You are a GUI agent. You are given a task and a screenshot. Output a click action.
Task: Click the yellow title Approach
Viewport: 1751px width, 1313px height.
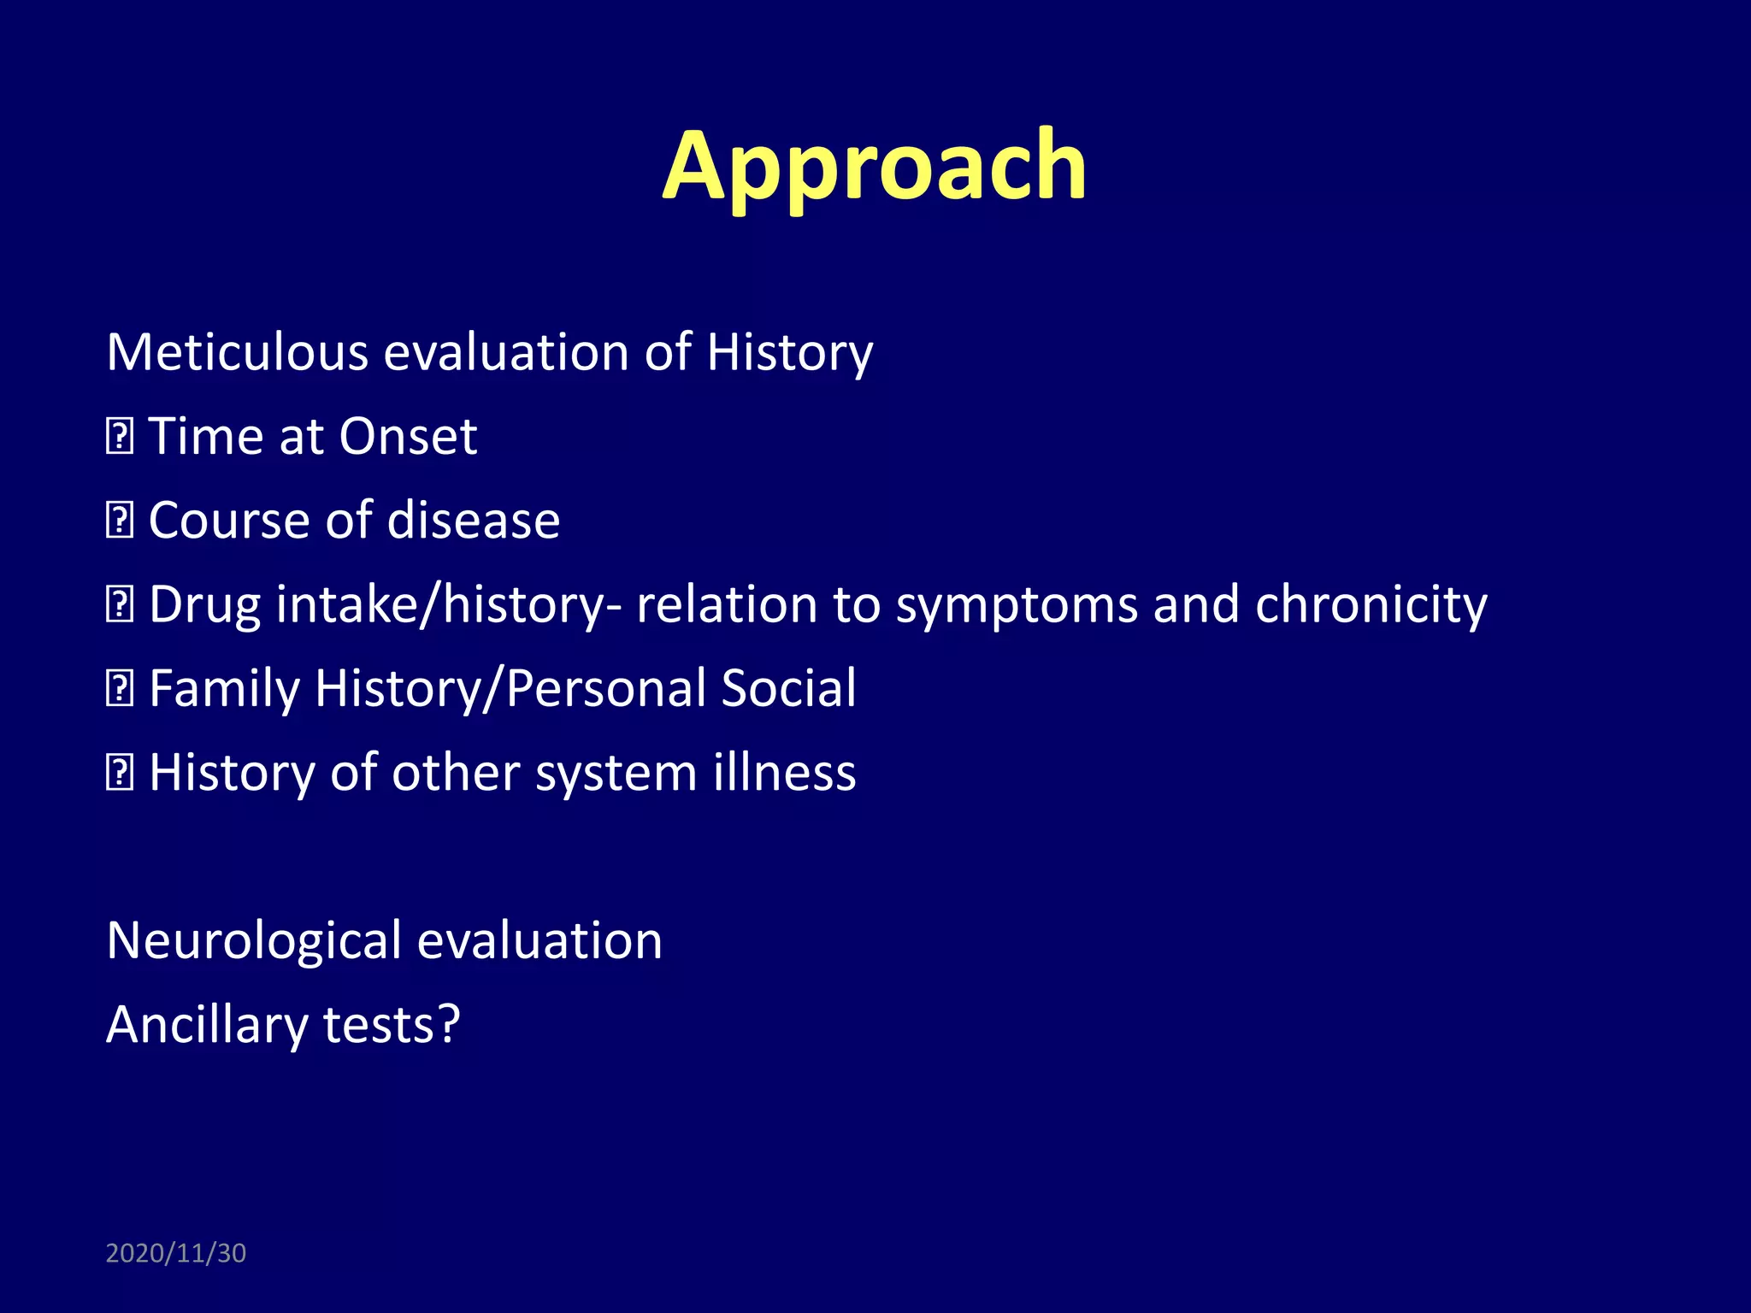pos(874,167)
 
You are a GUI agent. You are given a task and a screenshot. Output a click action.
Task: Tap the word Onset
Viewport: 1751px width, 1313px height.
pos(407,437)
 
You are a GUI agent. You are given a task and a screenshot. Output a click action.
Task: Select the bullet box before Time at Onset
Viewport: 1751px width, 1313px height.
pos(119,438)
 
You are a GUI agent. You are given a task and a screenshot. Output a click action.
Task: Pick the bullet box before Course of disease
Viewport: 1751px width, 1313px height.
pos(119,521)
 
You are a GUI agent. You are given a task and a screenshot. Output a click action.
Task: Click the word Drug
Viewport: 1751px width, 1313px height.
pos(204,605)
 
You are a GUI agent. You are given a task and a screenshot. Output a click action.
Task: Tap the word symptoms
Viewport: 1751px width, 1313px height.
pos(1017,605)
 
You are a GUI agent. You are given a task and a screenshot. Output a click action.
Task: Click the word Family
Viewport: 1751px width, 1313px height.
pos(224,689)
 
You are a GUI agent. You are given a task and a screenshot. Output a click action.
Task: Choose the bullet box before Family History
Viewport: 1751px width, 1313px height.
pos(119,689)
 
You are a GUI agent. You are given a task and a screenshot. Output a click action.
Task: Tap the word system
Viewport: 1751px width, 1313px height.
pos(616,773)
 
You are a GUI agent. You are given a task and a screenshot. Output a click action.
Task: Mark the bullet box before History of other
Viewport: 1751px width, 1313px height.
pos(119,773)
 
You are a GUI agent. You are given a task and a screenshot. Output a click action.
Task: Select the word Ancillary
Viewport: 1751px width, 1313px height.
pos(206,1025)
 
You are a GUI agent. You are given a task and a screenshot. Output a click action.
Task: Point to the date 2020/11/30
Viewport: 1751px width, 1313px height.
pos(175,1253)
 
